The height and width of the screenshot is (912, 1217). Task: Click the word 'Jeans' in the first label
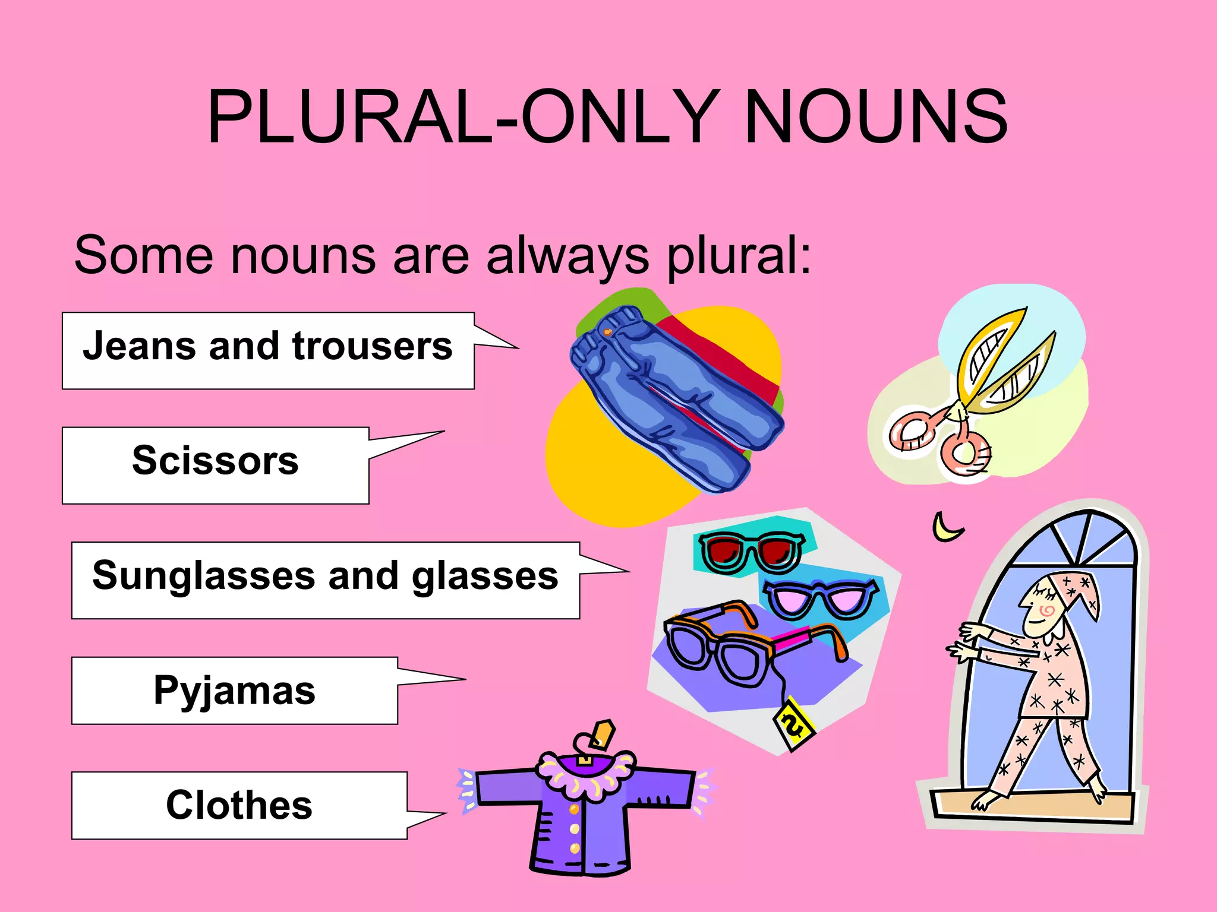click(140, 346)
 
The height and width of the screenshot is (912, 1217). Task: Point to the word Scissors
click(215, 461)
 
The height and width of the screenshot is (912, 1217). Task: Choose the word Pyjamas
click(234, 691)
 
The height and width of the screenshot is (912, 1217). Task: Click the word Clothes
click(239, 805)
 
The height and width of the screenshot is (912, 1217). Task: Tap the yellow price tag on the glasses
click(793, 724)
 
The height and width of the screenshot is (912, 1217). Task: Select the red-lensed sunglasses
click(752, 551)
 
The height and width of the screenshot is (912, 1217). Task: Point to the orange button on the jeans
click(607, 332)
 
